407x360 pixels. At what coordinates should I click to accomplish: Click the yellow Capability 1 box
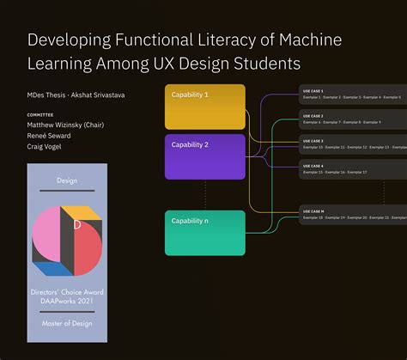(x=204, y=107)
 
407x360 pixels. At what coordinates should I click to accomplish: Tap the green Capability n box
(x=204, y=233)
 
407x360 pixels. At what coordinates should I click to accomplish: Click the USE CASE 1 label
(x=313, y=90)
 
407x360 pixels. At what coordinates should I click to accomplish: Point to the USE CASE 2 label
(x=313, y=115)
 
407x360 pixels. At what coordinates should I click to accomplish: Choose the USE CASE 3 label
(x=313, y=140)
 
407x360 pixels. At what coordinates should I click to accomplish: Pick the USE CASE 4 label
(x=313, y=166)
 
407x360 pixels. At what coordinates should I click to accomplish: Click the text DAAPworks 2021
(x=67, y=302)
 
